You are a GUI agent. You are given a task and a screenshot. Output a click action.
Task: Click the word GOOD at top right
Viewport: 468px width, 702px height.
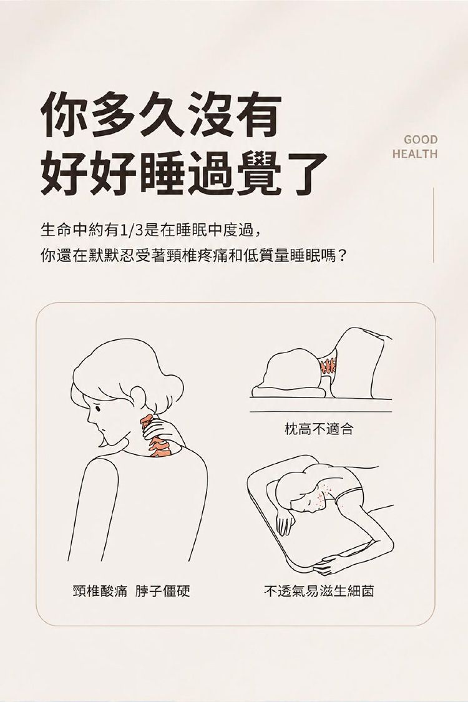[x=421, y=140]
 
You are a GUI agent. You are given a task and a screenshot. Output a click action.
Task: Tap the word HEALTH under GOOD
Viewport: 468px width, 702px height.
[x=415, y=154]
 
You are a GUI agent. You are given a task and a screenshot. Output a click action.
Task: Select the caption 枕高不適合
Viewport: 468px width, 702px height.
[x=319, y=429]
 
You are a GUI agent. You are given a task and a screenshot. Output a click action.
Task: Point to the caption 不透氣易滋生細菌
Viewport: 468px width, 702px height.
[x=319, y=591]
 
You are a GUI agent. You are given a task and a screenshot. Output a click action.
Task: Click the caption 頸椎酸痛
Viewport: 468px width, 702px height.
[x=100, y=591]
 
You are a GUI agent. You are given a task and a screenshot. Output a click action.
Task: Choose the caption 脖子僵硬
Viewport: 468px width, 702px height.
[x=163, y=591]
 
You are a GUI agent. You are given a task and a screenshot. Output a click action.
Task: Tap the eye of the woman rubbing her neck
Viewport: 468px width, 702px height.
[x=99, y=407]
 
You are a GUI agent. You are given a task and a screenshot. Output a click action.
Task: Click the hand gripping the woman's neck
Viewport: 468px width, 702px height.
[x=164, y=432]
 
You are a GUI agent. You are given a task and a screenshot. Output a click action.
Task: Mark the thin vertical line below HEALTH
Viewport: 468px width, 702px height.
[x=434, y=225]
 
